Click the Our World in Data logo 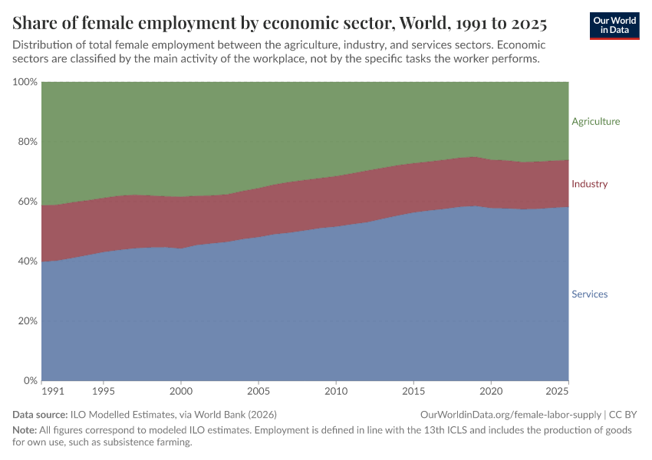point(614,25)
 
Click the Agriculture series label point(595,121)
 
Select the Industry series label point(589,184)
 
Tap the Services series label point(589,294)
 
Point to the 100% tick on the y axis point(25,82)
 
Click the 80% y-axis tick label point(27,142)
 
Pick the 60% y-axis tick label point(27,202)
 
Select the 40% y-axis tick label point(27,261)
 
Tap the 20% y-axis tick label point(27,321)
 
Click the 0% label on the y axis point(30,381)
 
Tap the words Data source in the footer point(40,414)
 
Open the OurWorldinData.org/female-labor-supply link point(509,414)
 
